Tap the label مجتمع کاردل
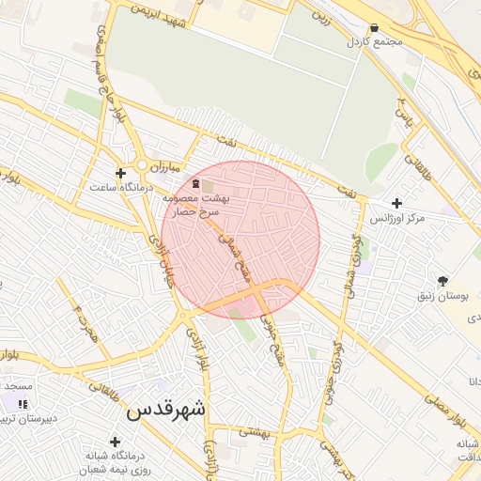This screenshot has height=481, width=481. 374,42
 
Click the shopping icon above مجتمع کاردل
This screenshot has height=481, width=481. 375,28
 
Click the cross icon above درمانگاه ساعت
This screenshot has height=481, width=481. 120,173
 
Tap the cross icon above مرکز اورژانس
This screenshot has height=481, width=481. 396,203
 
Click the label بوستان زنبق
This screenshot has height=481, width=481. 442,295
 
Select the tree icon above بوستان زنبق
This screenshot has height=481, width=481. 443,280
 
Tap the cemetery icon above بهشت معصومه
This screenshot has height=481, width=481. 195,184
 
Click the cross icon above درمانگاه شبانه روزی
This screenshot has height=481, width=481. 115,442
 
